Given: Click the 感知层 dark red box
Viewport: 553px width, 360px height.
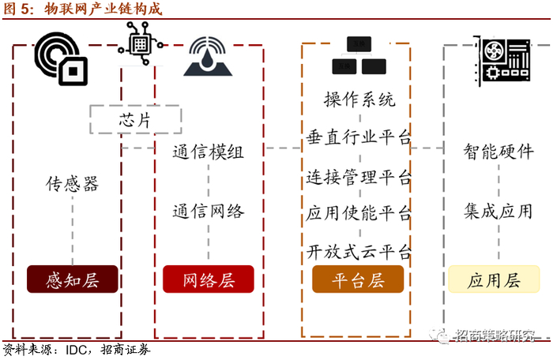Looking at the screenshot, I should [72, 279].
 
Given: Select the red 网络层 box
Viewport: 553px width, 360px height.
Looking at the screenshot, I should [209, 279].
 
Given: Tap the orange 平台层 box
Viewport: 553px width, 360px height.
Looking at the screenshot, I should [358, 279].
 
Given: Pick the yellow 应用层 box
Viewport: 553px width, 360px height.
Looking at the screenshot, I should [494, 279].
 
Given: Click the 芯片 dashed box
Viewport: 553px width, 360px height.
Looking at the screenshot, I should [134, 121].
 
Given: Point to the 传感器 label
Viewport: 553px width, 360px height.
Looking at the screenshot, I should [72, 185].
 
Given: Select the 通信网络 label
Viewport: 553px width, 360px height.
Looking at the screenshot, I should [209, 211].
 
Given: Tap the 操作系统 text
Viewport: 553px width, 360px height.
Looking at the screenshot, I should [359, 100].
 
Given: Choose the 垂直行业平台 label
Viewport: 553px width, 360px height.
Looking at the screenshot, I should [359, 138].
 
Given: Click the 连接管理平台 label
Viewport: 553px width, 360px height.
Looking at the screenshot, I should [359, 177].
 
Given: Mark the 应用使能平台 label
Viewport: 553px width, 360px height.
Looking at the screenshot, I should [359, 214].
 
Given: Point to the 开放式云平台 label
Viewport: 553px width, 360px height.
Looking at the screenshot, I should [359, 253].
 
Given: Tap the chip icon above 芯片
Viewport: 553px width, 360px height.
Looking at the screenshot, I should [142, 37].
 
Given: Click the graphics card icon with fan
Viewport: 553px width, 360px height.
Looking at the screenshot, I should [506, 59].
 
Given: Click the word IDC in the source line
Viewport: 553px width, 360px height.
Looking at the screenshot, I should [77, 349].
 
